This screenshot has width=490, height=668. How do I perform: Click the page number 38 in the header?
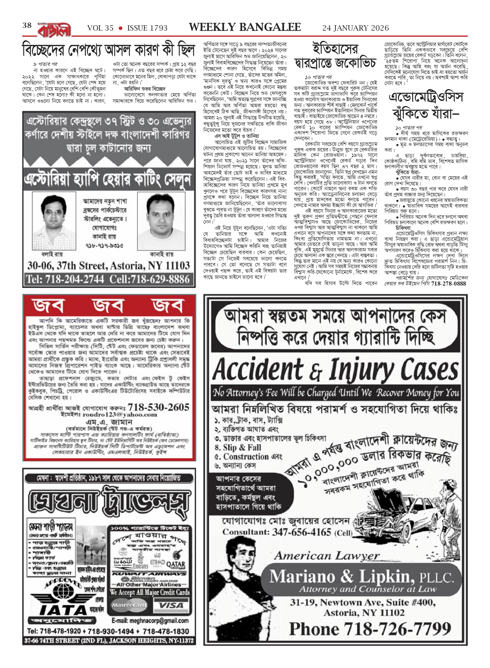(x=27, y=26)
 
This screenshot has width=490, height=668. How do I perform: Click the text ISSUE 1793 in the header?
(x=147, y=28)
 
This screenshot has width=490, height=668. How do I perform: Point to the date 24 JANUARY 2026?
(x=355, y=28)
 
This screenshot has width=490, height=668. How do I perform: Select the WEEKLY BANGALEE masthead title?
(x=245, y=27)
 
